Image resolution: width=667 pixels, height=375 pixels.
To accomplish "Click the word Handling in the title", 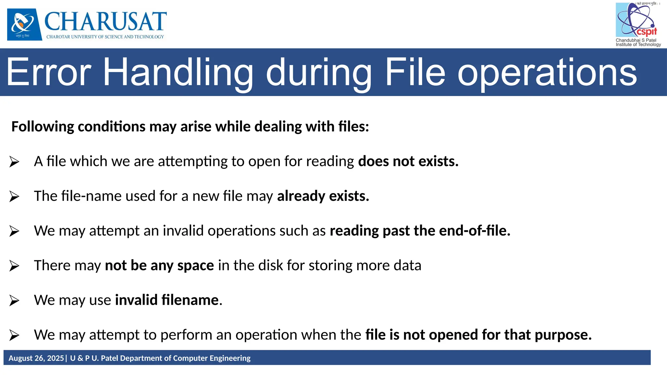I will (x=178, y=72).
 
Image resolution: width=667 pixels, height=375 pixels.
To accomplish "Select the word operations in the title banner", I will (x=547, y=72).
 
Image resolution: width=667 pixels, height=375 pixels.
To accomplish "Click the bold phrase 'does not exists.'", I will (x=408, y=161).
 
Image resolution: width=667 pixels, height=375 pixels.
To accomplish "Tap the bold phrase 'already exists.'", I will (x=323, y=196).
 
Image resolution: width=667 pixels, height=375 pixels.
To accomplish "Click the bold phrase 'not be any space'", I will (x=159, y=266).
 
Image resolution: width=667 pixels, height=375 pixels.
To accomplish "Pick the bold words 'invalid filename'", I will (x=167, y=300).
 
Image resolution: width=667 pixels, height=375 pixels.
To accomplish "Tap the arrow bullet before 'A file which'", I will (x=14, y=162).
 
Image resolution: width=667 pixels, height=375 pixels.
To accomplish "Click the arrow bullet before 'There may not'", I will (x=14, y=266).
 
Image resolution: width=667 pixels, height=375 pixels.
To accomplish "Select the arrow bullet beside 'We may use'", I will (x=14, y=300).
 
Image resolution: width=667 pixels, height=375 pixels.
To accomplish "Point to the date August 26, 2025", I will (x=36, y=358).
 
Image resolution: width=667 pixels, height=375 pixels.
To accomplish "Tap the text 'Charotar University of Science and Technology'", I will (x=105, y=37).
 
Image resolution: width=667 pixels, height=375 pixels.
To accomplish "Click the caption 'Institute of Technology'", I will (x=638, y=45).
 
